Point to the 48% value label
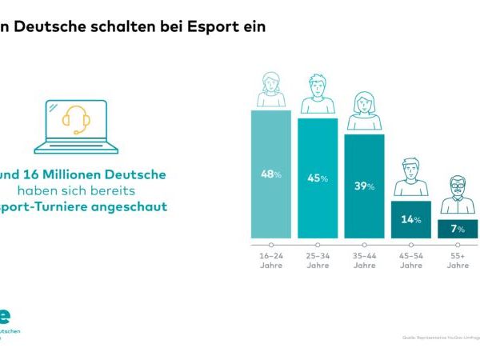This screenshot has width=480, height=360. click(x=271, y=174)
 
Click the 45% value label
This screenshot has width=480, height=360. click(x=318, y=178)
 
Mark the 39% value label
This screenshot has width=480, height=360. click(x=364, y=186)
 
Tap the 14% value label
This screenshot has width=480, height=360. click(x=410, y=219)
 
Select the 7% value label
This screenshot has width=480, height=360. click(x=457, y=230)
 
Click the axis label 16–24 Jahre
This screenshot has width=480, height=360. click(x=271, y=261)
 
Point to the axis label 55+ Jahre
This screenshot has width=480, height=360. click(x=457, y=261)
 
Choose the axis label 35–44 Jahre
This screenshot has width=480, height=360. click(x=364, y=261)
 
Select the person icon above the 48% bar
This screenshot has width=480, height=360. click(x=270, y=90)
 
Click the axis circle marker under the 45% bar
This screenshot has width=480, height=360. click(x=318, y=244)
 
